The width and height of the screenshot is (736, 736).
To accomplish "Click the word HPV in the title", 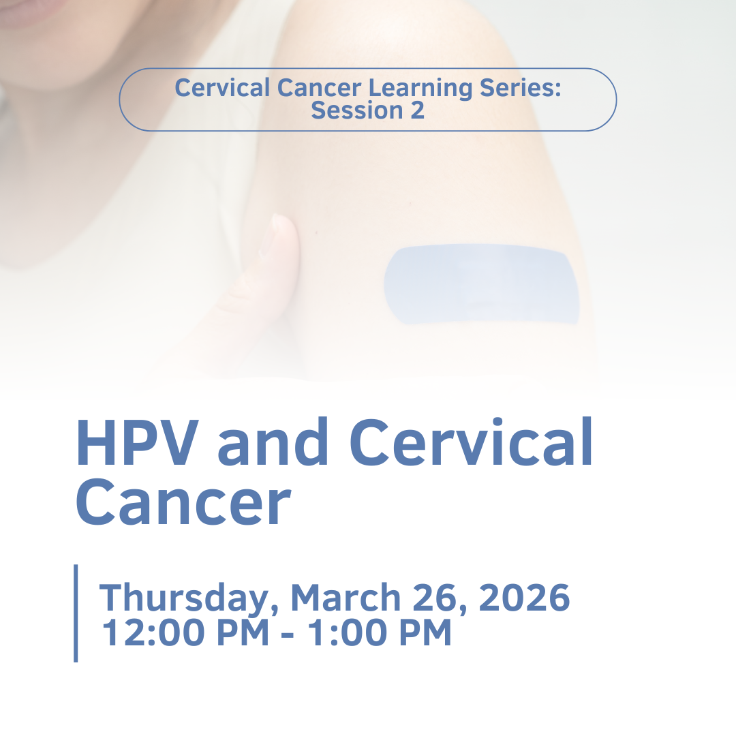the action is pyautogui.click(x=137, y=442).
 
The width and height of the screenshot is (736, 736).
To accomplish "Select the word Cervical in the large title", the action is pyautogui.click(x=471, y=441).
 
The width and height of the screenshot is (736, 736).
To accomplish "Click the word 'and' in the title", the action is pyautogui.click(x=273, y=441).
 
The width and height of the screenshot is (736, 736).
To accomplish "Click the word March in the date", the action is pyautogui.click(x=346, y=596).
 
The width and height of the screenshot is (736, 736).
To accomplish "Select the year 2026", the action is pyautogui.click(x=524, y=597).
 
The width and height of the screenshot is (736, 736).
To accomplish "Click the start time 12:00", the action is pyautogui.click(x=153, y=632).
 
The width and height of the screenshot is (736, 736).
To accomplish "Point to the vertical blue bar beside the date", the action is pyautogui.click(x=76, y=613).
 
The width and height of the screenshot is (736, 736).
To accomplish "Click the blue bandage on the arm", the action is pyautogui.click(x=482, y=284).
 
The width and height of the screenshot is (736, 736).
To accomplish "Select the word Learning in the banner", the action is pyautogui.click(x=420, y=88).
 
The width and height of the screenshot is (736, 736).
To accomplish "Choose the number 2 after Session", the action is pyautogui.click(x=418, y=110).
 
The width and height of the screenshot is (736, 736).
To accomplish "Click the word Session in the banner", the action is pyautogui.click(x=357, y=110).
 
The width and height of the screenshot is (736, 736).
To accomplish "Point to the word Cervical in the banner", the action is pyautogui.click(x=222, y=88).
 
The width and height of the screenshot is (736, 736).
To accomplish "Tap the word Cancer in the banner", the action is pyautogui.click(x=319, y=88).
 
